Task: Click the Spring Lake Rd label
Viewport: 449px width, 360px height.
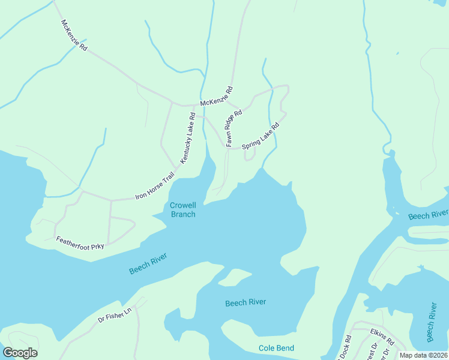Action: click(261, 137)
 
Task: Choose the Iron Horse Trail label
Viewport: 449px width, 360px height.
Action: click(155, 186)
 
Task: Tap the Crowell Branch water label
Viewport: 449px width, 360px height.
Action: click(183, 209)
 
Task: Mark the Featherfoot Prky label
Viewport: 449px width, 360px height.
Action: click(80, 242)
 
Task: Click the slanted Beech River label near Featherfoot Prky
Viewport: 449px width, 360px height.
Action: click(148, 263)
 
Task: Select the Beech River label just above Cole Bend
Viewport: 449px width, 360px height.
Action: click(246, 302)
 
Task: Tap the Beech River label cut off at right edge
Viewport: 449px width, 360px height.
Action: click(428, 215)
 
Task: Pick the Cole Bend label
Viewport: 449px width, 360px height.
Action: click(276, 348)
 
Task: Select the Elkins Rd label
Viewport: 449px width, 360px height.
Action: click(382, 337)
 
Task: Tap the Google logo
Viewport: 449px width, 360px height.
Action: click(20, 353)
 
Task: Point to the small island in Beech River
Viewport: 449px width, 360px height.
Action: click(235, 277)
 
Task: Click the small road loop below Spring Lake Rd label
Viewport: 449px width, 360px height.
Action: click(250, 155)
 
